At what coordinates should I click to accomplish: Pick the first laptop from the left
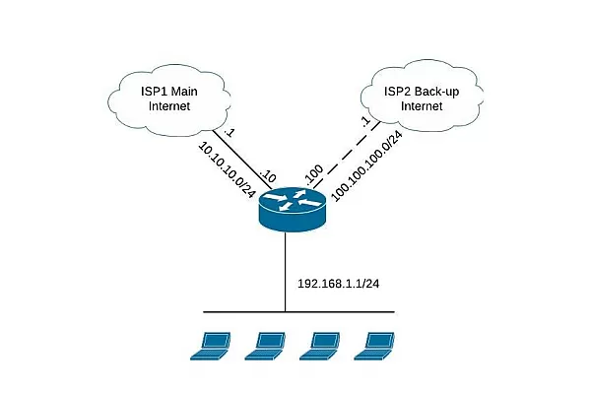point(211,342)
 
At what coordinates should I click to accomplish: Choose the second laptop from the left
point(264,342)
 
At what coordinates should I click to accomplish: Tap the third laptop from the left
point(319,342)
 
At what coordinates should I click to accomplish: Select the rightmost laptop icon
point(374,342)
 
